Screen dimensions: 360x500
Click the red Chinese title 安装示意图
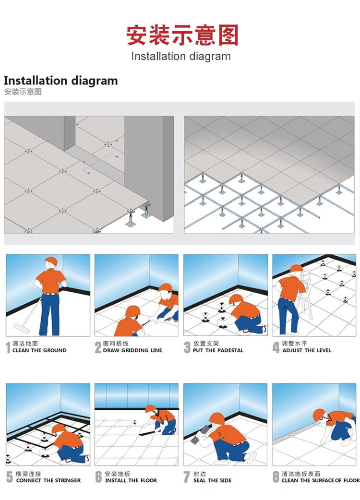(x=182, y=35)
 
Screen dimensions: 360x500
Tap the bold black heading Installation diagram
(x=60, y=80)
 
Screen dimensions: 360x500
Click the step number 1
(x=8, y=347)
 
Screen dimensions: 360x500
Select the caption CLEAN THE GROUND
(x=39, y=350)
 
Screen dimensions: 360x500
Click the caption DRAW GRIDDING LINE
(x=132, y=350)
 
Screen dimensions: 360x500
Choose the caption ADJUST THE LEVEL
(x=307, y=350)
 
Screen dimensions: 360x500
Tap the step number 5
(x=10, y=477)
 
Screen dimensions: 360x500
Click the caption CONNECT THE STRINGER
(x=48, y=480)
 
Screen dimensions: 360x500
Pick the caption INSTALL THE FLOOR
(x=131, y=480)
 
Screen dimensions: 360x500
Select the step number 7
(x=187, y=477)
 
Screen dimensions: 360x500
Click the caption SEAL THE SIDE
(x=212, y=480)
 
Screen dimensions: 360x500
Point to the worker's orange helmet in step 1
(x=51, y=262)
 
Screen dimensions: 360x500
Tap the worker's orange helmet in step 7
(x=216, y=418)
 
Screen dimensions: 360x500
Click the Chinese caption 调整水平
(x=294, y=344)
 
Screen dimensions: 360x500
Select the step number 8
(x=276, y=477)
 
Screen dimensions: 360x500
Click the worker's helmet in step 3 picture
(x=236, y=299)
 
